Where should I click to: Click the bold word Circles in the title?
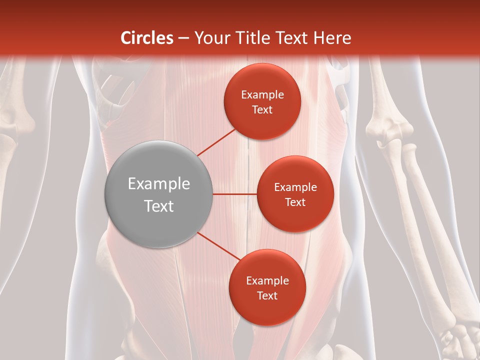146,38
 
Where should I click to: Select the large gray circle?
159,194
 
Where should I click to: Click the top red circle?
262,101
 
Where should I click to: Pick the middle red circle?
295,194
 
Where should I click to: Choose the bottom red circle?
267,287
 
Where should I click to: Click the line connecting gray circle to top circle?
216,142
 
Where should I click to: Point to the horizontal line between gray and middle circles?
235,194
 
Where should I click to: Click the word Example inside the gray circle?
159,184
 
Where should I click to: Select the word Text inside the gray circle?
159,206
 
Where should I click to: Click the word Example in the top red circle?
262,95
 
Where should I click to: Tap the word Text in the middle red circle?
295,202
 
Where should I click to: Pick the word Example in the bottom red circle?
267,281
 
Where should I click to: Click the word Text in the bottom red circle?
267,295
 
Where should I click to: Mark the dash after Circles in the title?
183,38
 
